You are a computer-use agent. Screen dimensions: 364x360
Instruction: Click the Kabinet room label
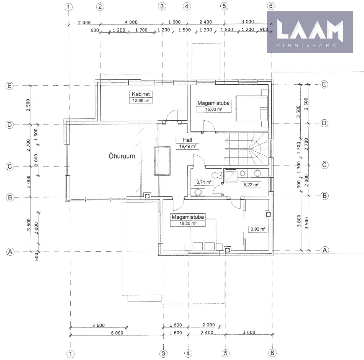pos(141,94)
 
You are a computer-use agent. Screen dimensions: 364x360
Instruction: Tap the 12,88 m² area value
pos(141,100)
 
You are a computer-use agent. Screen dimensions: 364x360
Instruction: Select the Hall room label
pos(187,140)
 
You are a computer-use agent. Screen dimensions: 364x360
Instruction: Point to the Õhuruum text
pos(122,156)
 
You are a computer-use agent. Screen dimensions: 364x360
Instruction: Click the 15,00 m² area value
pos(214,110)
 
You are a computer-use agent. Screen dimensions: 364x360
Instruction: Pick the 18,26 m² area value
pos(188,224)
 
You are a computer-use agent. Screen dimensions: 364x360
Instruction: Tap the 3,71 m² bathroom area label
pos(204,182)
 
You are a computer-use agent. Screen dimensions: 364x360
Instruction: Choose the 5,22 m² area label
pos(251,185)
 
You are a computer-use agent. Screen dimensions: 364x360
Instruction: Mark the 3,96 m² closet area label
pos(258,229)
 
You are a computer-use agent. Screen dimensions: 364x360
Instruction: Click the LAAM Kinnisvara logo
pos(310,32)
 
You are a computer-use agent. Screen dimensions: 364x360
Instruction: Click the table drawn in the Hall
pos(162,161)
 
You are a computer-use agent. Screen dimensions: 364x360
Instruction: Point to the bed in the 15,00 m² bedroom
pos(252,108)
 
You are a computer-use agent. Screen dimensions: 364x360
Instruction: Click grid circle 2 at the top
pos(100,7)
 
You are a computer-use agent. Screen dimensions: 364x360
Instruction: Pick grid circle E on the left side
pos(9,86)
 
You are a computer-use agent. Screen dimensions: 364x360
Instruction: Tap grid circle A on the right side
pos(324,250)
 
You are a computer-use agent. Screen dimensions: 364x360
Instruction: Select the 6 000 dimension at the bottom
pos(117,333)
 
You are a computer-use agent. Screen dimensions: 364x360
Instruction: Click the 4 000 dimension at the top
pos(131,22)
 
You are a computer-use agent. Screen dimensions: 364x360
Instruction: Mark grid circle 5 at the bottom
pos(226,353)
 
